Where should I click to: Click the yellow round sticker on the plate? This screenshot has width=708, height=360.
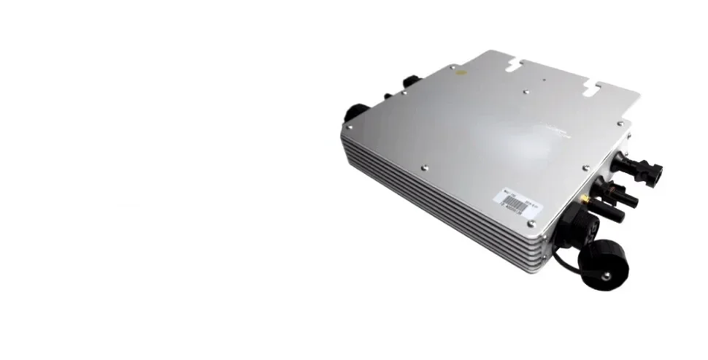click(x=458, y=72)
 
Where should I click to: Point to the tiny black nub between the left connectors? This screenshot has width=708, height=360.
click(x=388, y=96)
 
